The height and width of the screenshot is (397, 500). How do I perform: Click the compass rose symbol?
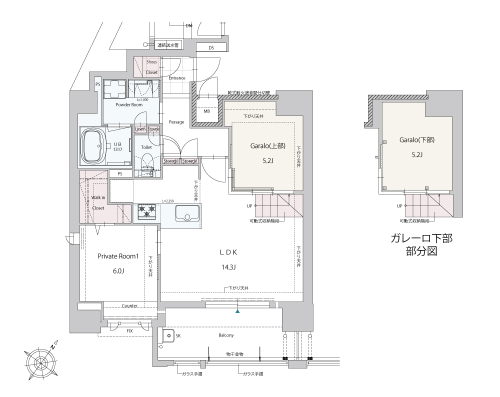[x=42, y=358]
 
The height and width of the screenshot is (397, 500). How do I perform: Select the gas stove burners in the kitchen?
[x=147, y=211]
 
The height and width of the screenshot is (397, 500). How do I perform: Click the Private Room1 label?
[x=117, y=256]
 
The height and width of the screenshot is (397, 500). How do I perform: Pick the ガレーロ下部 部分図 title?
[x=421, y=244]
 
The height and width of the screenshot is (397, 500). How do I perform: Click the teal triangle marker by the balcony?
[x=238, y=311]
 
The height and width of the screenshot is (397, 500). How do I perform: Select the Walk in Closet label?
[x=98, y=202]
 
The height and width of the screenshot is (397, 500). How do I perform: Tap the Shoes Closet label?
[x=151, y=67]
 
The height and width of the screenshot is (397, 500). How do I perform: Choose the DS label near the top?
[x=211, y=48]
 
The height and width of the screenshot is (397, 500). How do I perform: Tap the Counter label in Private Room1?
[x=129, y=305]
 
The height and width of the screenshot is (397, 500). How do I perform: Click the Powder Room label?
[x=129, y=105]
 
